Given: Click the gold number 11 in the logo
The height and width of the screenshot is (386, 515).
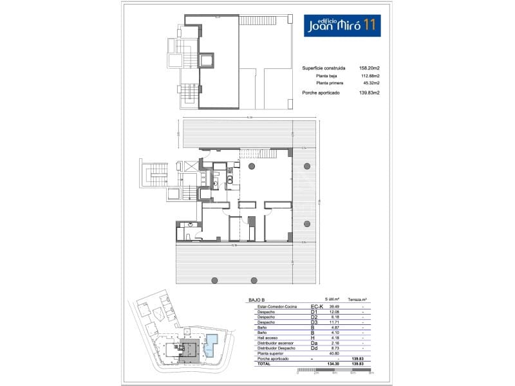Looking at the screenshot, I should [370, 25].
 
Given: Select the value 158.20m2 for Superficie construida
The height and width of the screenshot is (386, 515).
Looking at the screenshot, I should [370, 68].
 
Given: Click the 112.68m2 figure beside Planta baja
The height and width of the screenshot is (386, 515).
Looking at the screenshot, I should [370, 76].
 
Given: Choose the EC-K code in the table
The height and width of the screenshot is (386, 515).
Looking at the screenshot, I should [316, 306].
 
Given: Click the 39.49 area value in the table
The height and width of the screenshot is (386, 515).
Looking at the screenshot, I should [334, 306].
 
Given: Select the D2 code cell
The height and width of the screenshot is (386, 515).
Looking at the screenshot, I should [315, 317].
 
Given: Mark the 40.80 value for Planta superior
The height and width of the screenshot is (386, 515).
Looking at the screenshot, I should [334, 353].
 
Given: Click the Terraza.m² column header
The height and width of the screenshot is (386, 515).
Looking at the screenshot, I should [357, 300].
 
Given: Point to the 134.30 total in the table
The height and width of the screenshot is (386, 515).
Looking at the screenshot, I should [333, 364].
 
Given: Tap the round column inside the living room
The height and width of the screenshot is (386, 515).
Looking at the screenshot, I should [250, 167].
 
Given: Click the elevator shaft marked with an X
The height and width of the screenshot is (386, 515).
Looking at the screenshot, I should [191, 165].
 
